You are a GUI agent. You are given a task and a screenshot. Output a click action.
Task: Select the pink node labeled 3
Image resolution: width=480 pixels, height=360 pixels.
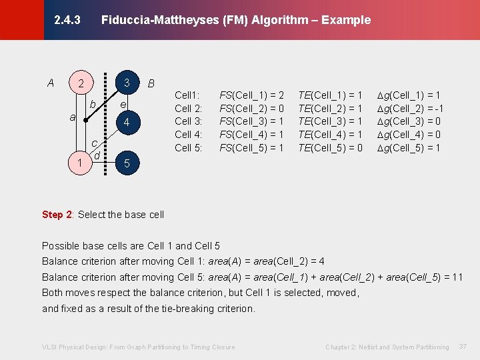pos(127,83)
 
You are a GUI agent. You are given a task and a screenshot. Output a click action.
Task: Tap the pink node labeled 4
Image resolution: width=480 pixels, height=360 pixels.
pos(127,123)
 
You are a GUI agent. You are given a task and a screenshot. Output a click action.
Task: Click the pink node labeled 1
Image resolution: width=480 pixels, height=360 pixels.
pos(80,162)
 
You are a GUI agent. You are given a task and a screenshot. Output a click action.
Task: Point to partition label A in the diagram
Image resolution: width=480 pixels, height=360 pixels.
pos(51,83)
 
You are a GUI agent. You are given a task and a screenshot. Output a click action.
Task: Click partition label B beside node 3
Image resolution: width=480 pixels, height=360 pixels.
pos(151,83)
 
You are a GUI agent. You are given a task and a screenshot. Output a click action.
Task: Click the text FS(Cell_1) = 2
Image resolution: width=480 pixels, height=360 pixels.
pos(251,96)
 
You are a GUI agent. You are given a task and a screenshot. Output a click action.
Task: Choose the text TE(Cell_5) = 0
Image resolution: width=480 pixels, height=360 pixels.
pos(330,147)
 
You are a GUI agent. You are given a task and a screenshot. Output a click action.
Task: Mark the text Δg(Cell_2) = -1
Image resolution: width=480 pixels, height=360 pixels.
pos(411,109)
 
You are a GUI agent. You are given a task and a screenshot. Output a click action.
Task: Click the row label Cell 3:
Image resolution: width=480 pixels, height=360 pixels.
pos(188,121)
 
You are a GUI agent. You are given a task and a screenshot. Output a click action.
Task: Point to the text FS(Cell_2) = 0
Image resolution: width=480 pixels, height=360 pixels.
pos(251,109)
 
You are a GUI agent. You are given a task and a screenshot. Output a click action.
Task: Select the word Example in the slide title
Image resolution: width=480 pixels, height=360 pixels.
pos(346,20)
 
